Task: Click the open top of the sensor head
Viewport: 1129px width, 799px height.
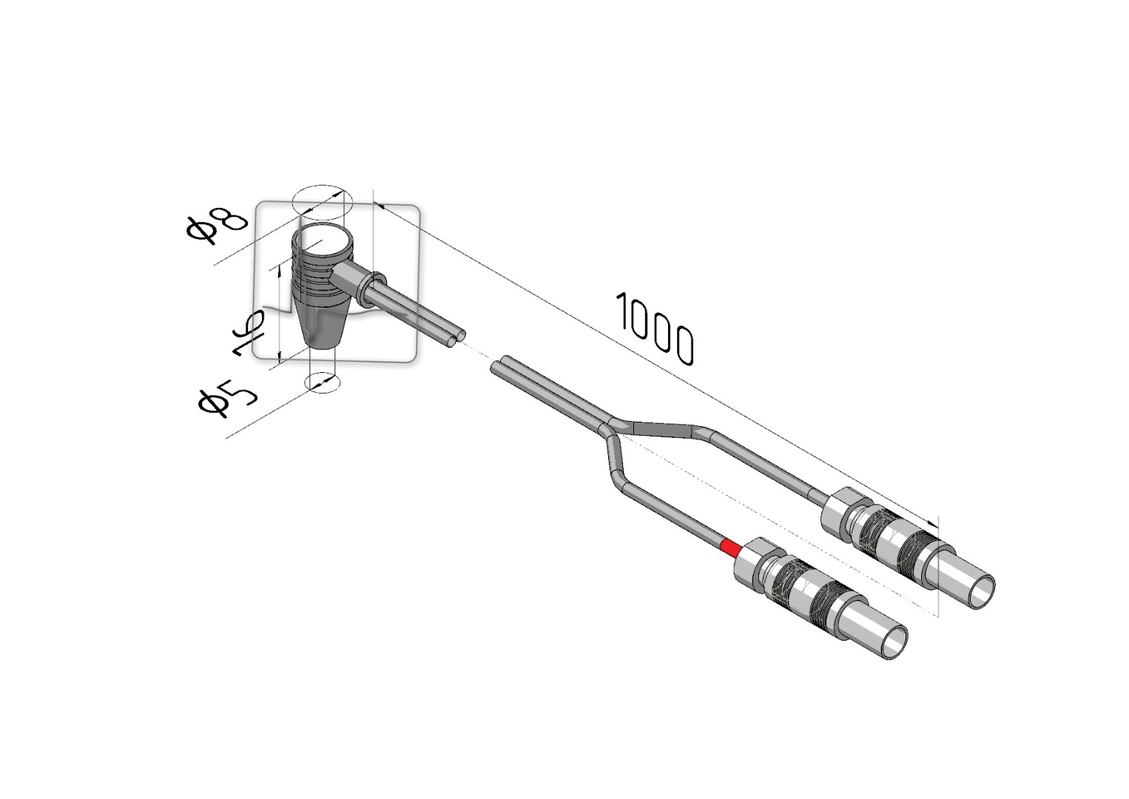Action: pyautogui.click(x=323, y=241)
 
